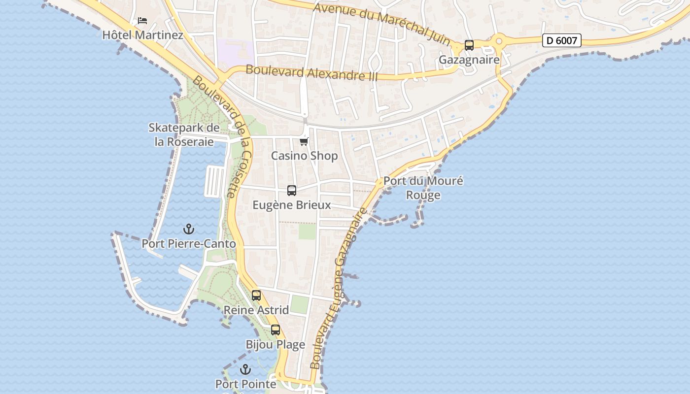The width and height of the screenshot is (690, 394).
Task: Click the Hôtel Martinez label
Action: coord(142,35)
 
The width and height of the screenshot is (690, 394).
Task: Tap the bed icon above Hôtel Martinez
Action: coord(142,21)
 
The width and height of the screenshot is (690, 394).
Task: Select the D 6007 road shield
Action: coord(561,40)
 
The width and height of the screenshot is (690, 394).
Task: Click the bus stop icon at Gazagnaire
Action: coord(469,45)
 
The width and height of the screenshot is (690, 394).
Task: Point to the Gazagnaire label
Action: coord(469,60)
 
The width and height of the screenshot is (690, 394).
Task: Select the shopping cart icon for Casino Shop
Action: coord(304,142)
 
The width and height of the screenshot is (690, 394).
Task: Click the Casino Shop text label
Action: coord(304,156)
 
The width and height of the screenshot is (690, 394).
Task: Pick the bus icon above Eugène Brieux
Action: coord(292,191)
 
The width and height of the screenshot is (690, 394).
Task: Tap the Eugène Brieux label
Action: coord(291,205)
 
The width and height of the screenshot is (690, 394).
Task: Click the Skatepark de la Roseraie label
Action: coord(184,134)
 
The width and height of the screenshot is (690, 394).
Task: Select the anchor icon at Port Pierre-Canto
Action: coord(188,229)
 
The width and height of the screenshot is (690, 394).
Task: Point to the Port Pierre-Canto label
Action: coord(189,244)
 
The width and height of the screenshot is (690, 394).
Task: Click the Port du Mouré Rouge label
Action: coord(423,188)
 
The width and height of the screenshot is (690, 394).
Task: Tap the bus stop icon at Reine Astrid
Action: coord(256,295)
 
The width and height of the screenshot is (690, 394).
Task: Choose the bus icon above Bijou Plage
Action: coord(276,330)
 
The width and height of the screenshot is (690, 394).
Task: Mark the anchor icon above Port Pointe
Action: coord(245,369)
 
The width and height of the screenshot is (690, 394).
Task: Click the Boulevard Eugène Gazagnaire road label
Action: coord(340,288)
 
